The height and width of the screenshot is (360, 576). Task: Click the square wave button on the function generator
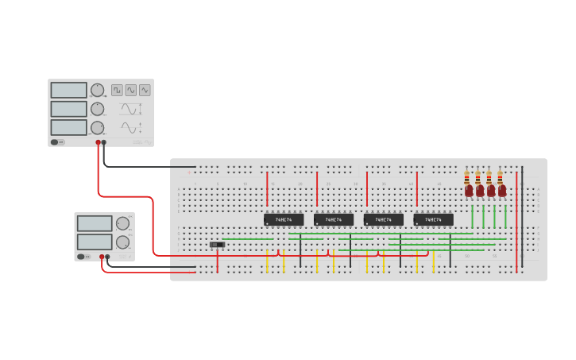[x=117, y=91]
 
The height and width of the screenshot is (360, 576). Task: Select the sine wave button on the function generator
[x=130, y=91]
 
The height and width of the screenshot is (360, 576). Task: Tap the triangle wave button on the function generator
[x=145, y=91]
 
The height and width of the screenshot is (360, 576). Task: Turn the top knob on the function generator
[x=97, y=90]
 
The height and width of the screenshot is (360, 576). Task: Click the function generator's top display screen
[x=68, y=90]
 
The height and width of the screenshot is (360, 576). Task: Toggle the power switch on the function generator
[x=57, y=142]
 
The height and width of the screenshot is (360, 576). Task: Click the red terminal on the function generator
[x=99, y=143]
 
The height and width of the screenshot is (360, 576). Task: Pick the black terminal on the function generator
[x=104, y=143]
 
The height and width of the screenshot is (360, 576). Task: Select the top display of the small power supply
[x=95, y=223]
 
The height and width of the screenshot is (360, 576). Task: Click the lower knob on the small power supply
[x=122, y=242]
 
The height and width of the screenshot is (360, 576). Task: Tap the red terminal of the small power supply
[x=102, y=257]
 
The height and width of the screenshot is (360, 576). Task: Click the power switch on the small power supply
[x=82, y=257]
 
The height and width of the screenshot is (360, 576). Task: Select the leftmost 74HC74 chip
[x=284, y=219]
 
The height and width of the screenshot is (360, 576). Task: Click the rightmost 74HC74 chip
[x=433, y=219]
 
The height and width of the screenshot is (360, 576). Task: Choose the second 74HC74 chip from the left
[x=334, y=219]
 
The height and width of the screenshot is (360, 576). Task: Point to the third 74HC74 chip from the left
[x=383, y=219]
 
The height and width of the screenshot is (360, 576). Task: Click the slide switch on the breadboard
[x=217, y=245]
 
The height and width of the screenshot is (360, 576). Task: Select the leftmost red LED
[x=469, y=191]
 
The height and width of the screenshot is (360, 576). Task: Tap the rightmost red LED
[x=502, y=191]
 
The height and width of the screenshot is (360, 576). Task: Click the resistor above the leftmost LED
[x=467, y=179]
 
